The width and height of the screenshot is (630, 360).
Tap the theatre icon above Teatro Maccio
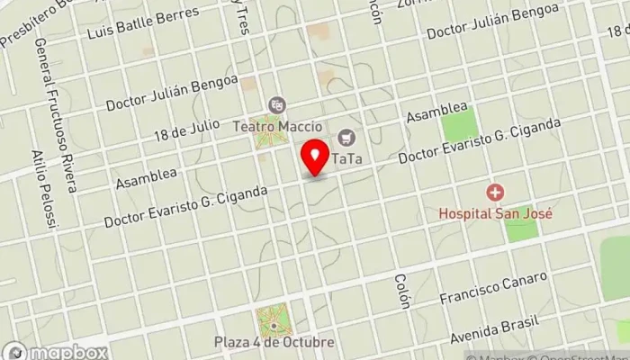pyautogui.click(x=275, y=106)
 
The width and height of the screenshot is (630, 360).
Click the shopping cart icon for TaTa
pyautogui.click(x=346, y=138)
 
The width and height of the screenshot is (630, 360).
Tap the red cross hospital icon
pyautogui.click(x=495, y=193)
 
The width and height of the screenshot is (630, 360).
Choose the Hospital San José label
pyautogui.click(x=494, y=214)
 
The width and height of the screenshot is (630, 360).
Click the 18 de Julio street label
pyautogui.click(x=185, y=131)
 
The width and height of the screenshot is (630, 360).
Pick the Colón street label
pyautogui.click(x=401, y=291)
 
